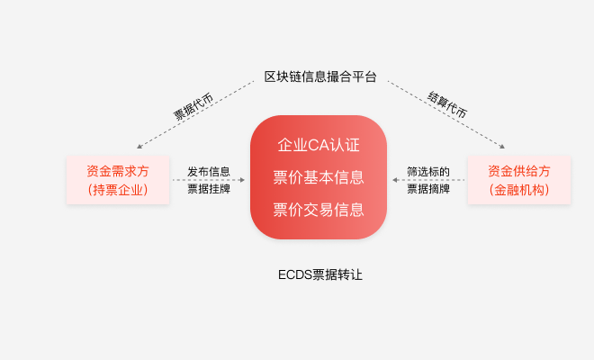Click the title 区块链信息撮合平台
(320, 76)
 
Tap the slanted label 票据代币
(193, 106)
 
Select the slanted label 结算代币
(447, 104)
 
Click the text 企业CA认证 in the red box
(319, 145)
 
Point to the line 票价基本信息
(319, 177)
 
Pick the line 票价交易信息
(319, 210)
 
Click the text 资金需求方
(118, 171)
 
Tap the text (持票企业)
(118, 190)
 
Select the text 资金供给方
(519, 171)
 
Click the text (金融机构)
(519, 190)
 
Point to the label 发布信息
(209, 172)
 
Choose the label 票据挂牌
(209, 188)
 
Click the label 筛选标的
(428, 172)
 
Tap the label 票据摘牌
(428, 188)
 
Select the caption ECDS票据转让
(320, 274)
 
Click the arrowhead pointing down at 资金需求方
(139, 147)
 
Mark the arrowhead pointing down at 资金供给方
(502, 147)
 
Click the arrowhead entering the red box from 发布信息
(242, 180)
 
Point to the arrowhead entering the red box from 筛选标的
(395, 180)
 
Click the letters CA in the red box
(319, 145)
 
